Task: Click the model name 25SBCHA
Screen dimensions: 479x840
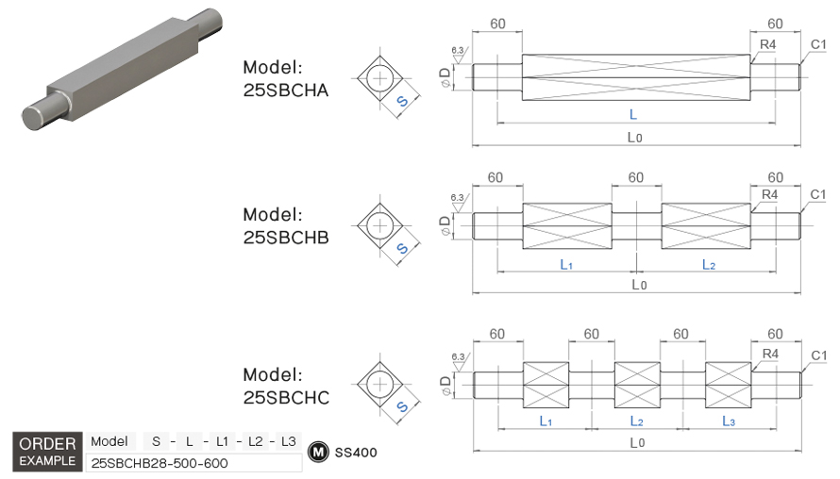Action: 285,91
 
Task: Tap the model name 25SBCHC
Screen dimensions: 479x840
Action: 285,398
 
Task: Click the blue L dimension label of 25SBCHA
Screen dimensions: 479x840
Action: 632,113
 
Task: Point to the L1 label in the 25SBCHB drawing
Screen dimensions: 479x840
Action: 566,265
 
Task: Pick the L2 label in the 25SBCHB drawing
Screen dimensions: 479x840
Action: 708,265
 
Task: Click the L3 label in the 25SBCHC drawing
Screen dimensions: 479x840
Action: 729,421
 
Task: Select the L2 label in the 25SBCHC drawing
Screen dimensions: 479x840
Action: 637,421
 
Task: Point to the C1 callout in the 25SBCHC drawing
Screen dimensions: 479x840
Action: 818,355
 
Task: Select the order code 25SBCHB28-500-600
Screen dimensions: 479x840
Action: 160,463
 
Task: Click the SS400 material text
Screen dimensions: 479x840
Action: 356,453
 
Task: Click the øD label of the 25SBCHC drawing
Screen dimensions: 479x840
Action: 445,381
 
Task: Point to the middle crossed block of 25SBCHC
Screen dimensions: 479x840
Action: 637,384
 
